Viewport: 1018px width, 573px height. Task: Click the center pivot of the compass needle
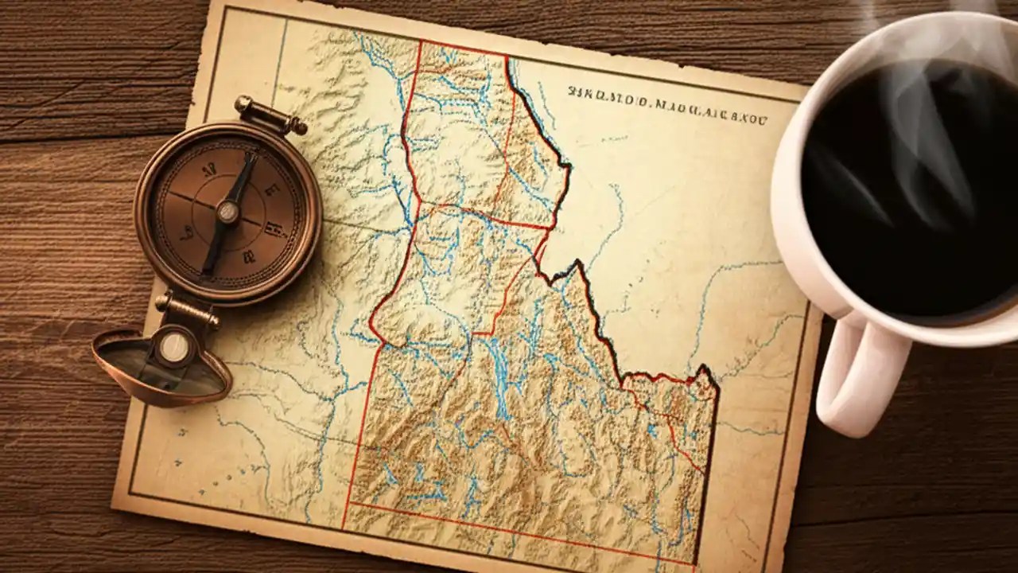click(228, 211)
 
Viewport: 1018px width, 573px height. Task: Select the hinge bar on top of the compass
click(270, 116)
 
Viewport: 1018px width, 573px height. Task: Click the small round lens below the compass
click(173, 347)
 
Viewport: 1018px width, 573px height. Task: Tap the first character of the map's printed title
click(573, 92)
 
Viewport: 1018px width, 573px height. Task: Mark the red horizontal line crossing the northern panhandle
click(485, 213)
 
